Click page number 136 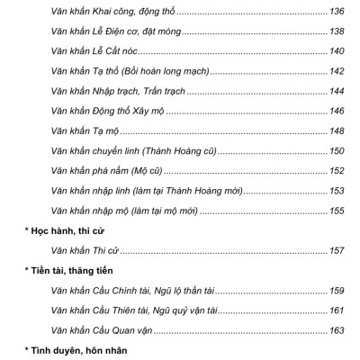337,13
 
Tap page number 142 337,71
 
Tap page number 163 337,328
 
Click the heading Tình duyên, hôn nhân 67,348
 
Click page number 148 337,131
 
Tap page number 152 337,171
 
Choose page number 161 337,309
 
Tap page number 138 337,32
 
